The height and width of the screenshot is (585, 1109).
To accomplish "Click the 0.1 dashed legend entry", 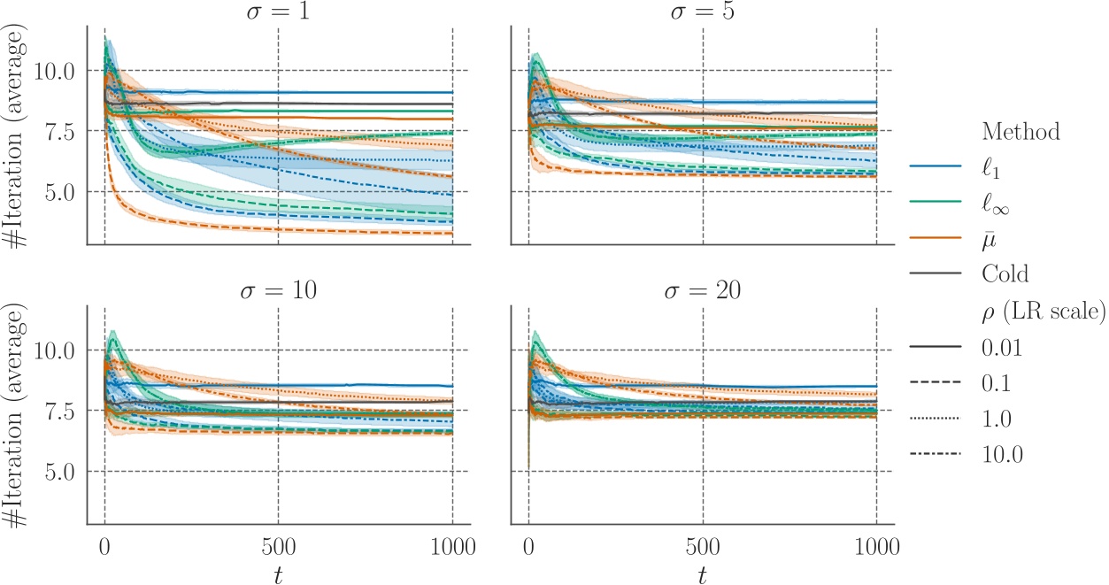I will [997, 383].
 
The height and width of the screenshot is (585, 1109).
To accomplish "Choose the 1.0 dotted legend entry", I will [997, 419].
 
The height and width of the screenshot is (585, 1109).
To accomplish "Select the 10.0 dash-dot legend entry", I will [1001, 454].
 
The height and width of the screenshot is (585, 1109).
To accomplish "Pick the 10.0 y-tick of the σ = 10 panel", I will [54, 350].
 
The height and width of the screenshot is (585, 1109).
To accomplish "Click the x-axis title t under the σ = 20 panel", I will [702, 573].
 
